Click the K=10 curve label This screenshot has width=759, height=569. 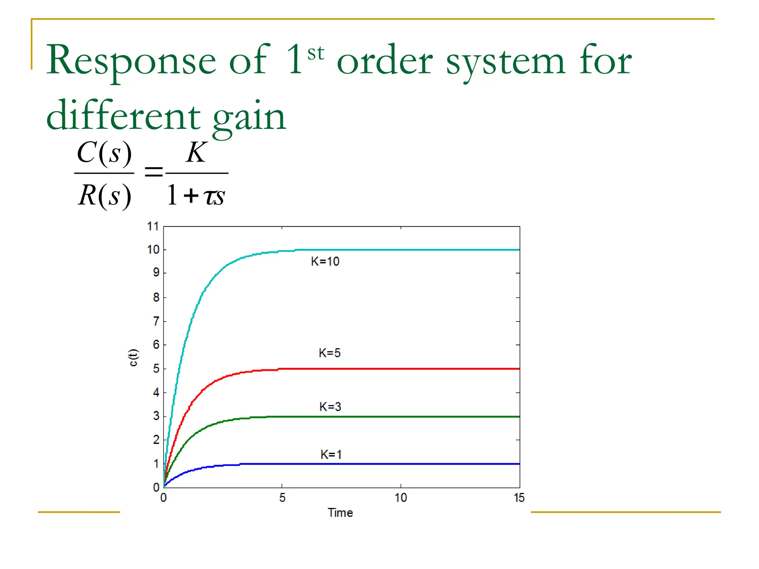[x=325, y=262]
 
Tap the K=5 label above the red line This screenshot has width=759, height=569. [x=329, y=353]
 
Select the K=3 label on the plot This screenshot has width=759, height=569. [x=330, y=407]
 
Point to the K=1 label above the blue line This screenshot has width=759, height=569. [x=331, y=455]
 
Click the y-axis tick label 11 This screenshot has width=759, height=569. [x=153, y=226]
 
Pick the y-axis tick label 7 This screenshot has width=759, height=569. [x=156, y=321]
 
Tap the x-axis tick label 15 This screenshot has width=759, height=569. [x=519, y=498]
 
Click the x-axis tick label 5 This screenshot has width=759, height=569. [x=282, y=498]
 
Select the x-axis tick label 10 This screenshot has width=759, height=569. [x=401, y=498]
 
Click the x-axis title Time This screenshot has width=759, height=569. [x=340, y=513]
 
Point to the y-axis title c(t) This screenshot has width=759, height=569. [x=133, y=357]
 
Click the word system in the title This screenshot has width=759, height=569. [x=505, y=61]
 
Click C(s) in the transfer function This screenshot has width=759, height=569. [x=104, y=153]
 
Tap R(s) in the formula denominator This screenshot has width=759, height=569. [x=105, y=195]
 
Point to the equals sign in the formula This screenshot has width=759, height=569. [x=153, y=172]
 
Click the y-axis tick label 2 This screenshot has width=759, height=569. [x=156, y=440]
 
